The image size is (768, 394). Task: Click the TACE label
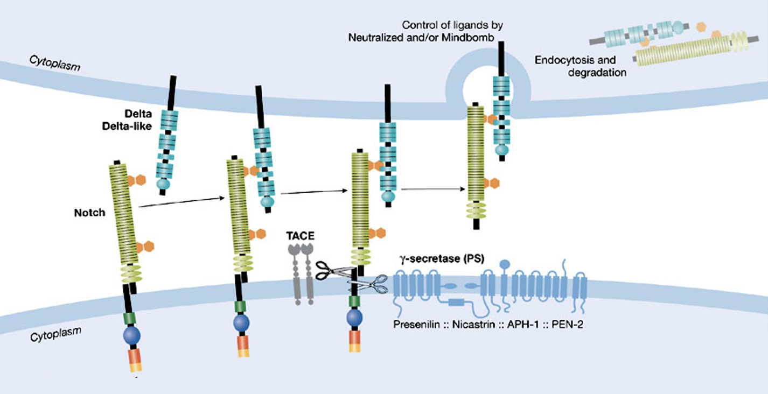(301, 235)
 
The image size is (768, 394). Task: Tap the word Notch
(89, 213)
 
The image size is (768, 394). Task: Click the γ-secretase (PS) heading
(441, 258)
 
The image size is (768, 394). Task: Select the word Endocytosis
(575, 60)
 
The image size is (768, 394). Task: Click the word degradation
(597, 72)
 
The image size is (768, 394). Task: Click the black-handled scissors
(330, 270)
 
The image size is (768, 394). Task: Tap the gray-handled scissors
(373, 284)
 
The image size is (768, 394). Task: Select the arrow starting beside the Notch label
(181, 202)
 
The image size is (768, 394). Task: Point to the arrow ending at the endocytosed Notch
(433, 189)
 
